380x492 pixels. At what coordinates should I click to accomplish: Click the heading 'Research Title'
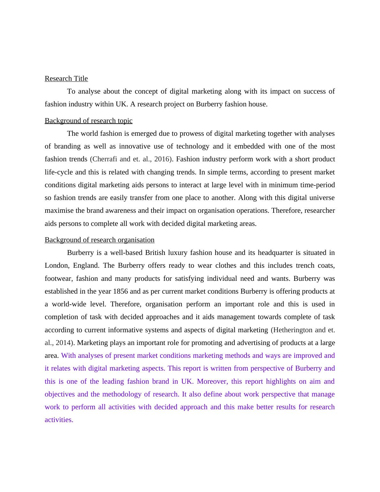click(x=66, y=79)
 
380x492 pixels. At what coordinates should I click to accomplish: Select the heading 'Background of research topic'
click(x=88, y=121)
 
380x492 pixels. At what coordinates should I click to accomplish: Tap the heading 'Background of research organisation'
click(x=99, y=240)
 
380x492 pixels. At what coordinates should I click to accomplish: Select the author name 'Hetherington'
click(x=293, y=330)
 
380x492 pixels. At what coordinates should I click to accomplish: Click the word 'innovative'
click(x=134, y=146)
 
